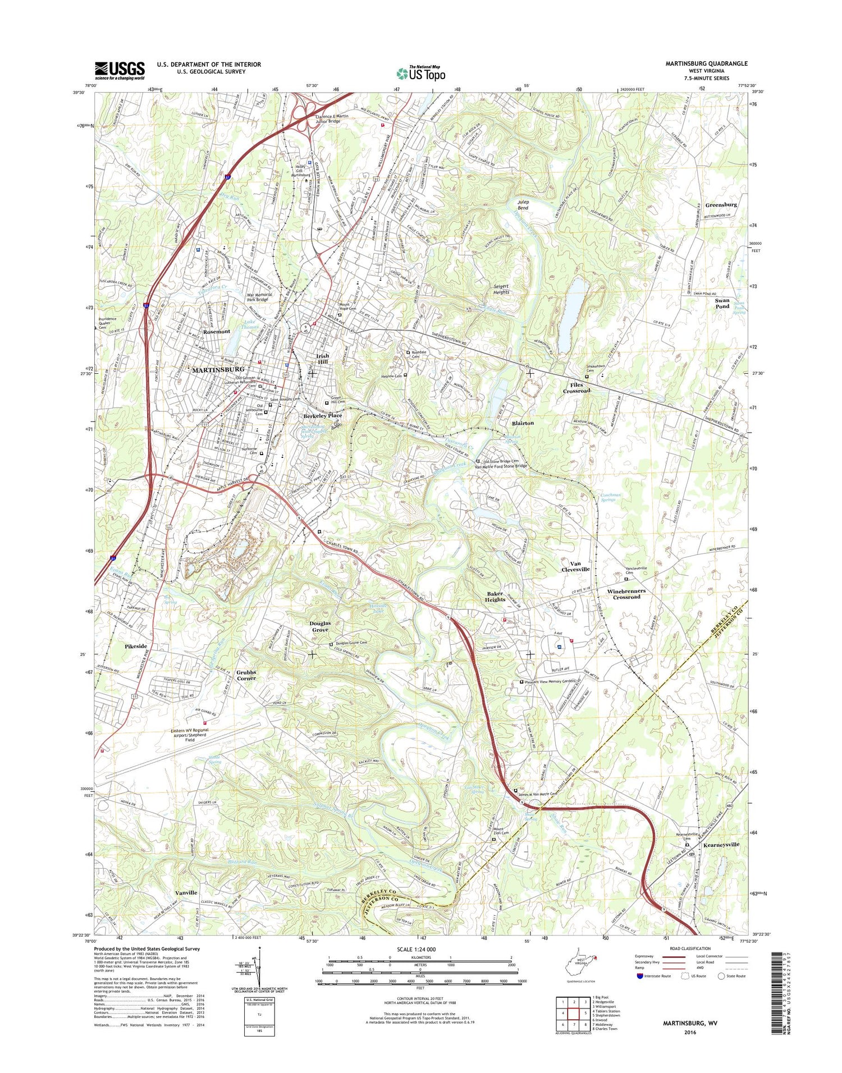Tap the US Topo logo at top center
click(421, 73)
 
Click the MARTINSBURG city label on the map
click(218, 369)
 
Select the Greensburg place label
click(721, 205)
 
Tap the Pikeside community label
click(135, 646)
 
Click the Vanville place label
click(186, 892)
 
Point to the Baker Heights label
click(495, 596)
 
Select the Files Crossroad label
click(576, 387)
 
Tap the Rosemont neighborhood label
click(217, 332)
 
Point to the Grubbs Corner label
click(246, 675)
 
